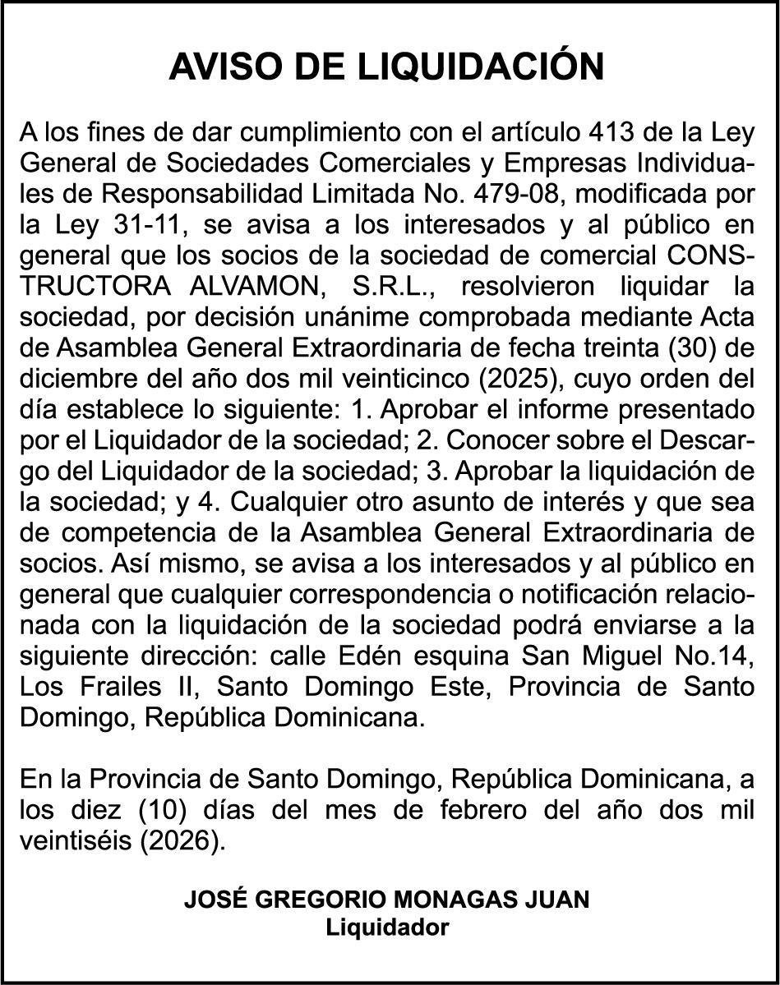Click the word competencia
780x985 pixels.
[151, 532]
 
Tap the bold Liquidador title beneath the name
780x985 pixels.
[388, 928]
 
